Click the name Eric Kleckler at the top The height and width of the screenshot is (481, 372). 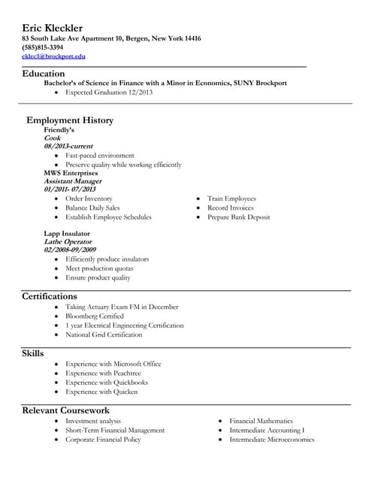[x=52, y=28]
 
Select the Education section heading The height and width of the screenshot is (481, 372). [x=43, y=74]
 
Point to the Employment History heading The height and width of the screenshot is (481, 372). [x=70, y=120]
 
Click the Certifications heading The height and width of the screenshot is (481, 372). [x=50, y=297]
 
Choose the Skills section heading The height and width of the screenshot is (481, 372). [x=33, y=353]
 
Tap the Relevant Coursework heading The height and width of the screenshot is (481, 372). [x=66, y=410]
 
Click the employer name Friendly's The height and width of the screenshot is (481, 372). [x=59, y=130]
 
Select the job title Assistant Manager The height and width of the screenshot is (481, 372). [x=73, y=181]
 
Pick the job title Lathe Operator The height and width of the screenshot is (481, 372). [x=68, y=242]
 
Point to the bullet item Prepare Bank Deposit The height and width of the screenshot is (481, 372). [x=238, y=217]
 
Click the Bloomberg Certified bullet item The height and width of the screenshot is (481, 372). [x=94, y=316]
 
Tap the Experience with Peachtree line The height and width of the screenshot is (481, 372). [x=103, y=373]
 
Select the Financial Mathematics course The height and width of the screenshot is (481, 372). [x=261, y=421]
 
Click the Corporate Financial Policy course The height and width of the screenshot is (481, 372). [x=103, y=440]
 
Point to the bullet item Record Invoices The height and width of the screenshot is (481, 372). [x=231, y=207]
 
